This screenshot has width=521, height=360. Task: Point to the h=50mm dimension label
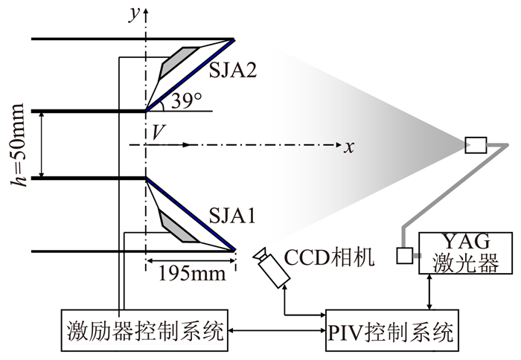click(22, 145)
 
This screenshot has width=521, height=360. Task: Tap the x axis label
click(348, 146)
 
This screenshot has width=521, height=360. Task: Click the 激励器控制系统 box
click(144, 328)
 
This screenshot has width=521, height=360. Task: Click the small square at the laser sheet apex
click(475, 144)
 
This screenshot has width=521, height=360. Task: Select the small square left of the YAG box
click(404, 255)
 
